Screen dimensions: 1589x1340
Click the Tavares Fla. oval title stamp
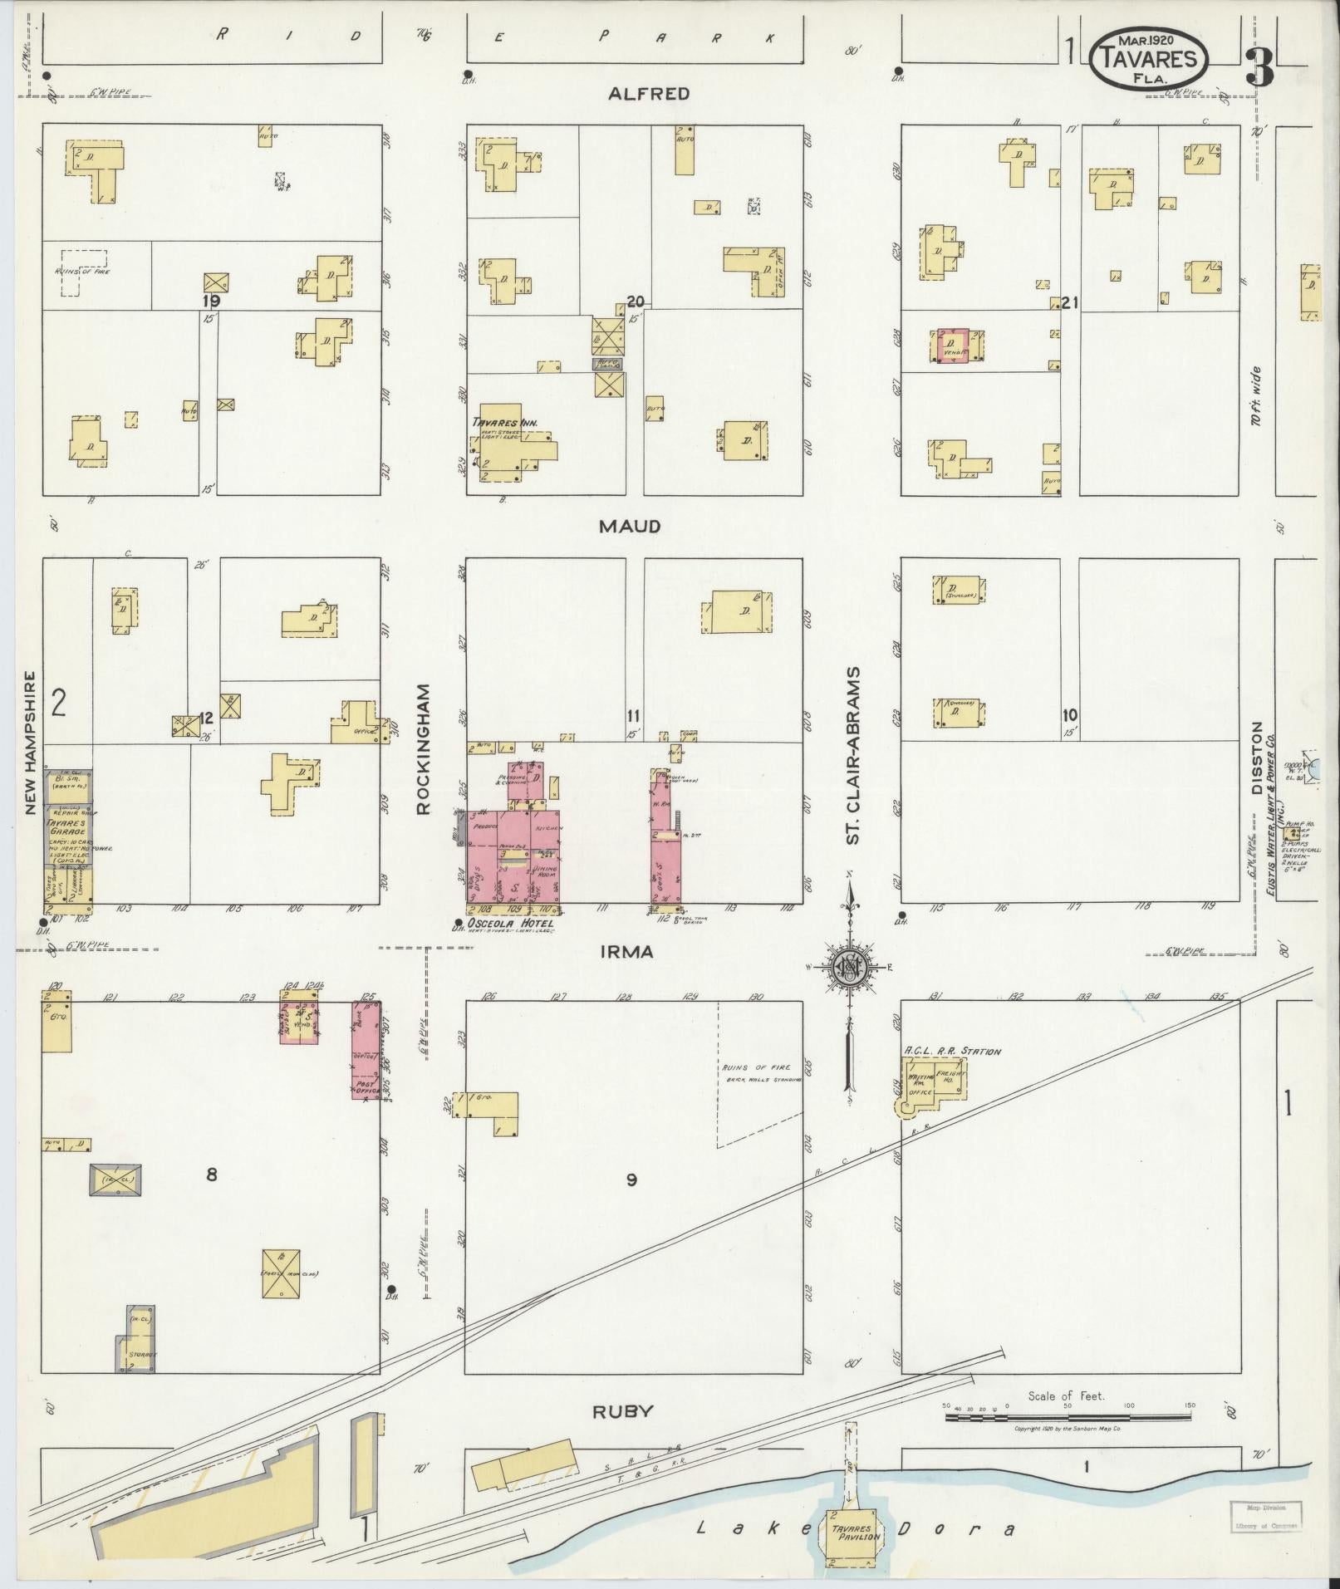pyautogui.click(x=1150, y=57)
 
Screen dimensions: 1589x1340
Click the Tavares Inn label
pyautogui.click(x=504, y=423)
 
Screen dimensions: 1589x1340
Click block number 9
pyautogui.click(x=631, y=1179)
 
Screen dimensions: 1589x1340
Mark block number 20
pyautogui.click(x=636, y=302)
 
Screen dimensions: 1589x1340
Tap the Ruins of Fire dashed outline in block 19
pyautogui.click(x=83, y=272)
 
